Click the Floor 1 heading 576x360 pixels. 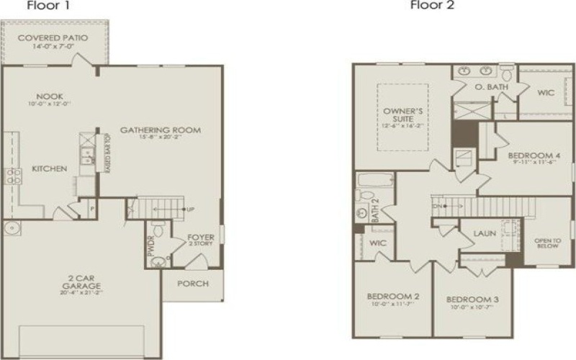coord(43,6)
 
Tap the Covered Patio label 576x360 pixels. coord(53,37)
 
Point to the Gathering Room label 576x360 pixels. coord(160,130)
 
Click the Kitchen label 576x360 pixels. coord(50,168)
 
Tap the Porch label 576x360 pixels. coord(193,283)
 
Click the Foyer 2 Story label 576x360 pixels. coord(201,240)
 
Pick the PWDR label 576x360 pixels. coord(152,245)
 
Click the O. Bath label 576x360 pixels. coord(492,87)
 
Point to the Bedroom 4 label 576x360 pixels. coord(534,155)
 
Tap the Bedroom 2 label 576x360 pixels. coord(393,297)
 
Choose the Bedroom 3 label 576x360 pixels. coord(472,299)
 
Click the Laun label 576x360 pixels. coord(485,233)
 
